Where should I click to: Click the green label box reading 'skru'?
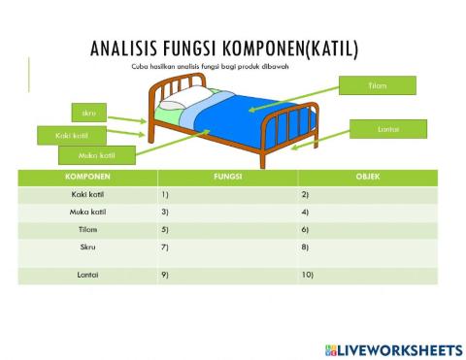point(88,114)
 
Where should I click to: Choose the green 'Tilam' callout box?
point(379,85)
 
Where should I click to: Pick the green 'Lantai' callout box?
point(387,129)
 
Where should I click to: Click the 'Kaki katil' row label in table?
point(86,195)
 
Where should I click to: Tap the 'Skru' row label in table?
point(86,247)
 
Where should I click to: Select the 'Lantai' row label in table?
point(86,275)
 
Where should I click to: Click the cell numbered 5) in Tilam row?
point(227,229)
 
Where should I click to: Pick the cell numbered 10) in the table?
point(368,275)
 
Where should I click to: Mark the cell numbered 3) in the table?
point(227,212)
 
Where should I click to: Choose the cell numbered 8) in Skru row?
point(368,247)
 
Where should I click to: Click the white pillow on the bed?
point(173,101)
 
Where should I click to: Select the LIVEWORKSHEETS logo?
point(393,347)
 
